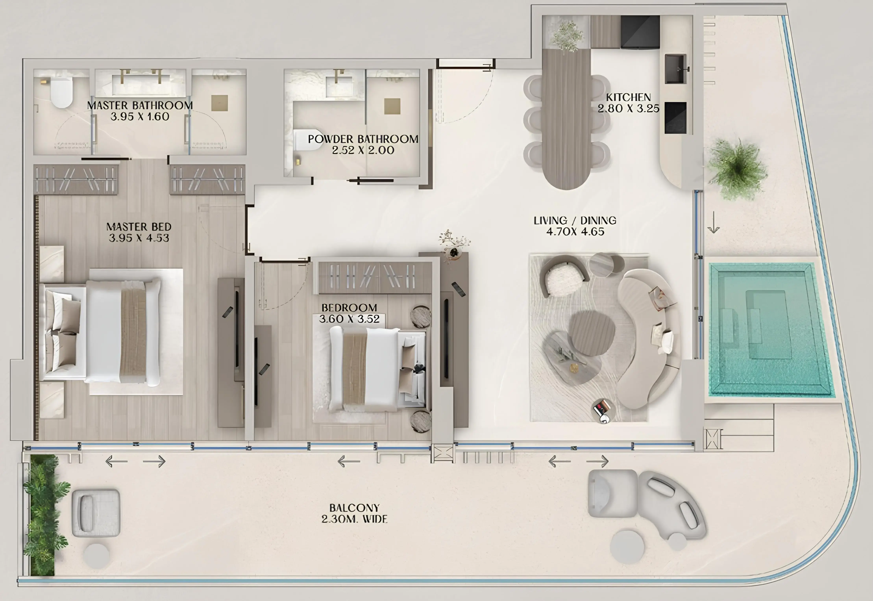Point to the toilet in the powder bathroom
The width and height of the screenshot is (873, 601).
(307, 140)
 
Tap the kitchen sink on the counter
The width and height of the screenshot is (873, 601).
(675, 69)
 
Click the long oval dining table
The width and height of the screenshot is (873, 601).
(566, 121)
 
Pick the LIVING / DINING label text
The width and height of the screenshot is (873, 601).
(575, 221)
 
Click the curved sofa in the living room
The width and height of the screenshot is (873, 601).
(647, 339)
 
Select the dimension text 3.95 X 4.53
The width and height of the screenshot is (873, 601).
(139, 238)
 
